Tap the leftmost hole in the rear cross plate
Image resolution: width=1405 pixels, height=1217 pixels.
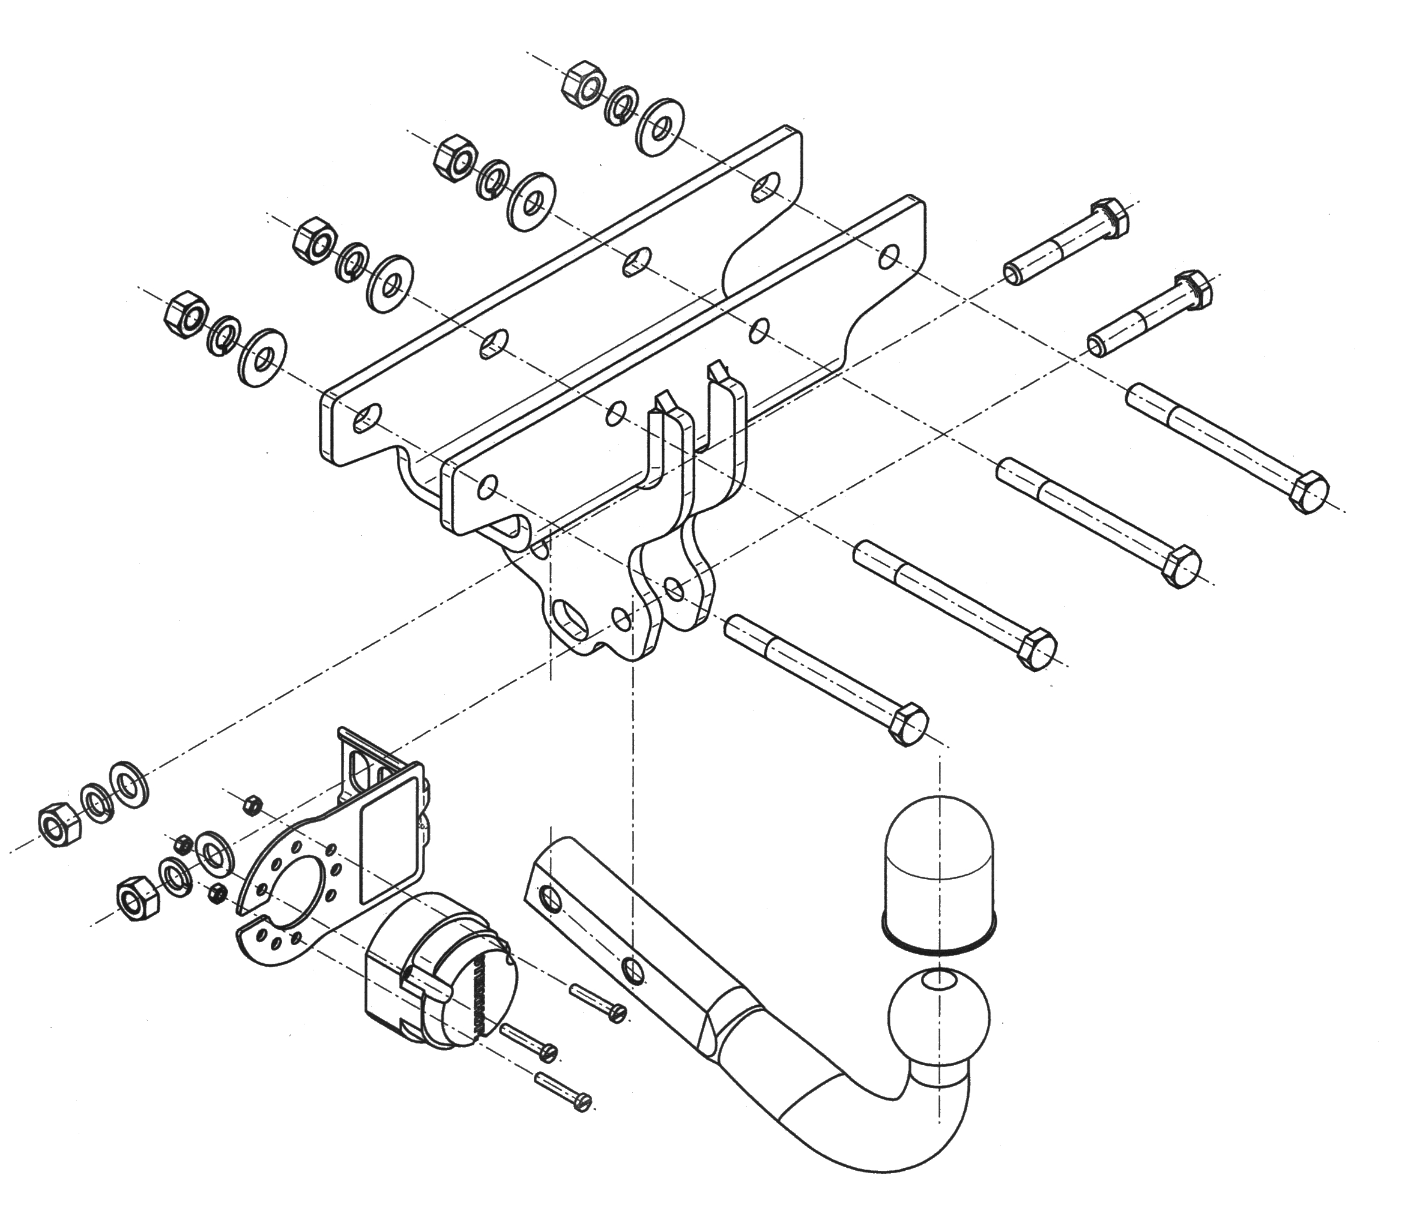click(367, 418)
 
